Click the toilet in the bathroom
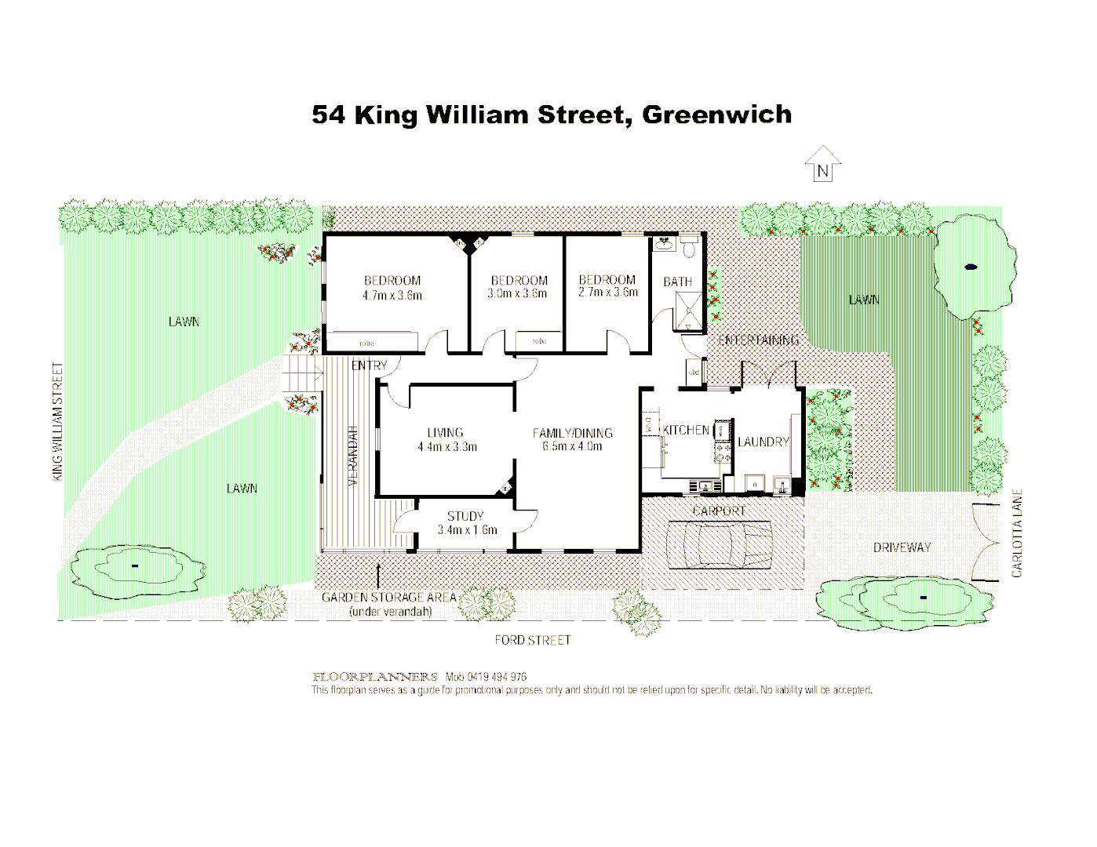click(x=690, y=249)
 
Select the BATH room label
click(x=677, y=282)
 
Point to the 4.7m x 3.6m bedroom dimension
click(x=392, y=296)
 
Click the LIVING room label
click(x=445, y=432)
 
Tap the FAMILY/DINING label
click(x=572, y=433)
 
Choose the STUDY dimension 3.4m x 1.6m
click(x=467, y=530)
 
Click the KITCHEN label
click(x=686, y=430)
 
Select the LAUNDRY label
click(x=763, y=442)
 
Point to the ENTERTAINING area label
click(x=758, y=340)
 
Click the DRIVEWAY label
click(x=902, y=547)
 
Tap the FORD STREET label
click(x=532, y=640)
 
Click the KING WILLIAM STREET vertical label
click(x=57, y=421)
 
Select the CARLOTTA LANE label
click(x=1017, y=533)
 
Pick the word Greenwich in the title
click(x=716, y=115)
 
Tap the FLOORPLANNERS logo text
click(x=375, y=677)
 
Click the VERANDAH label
click(x=353, y=455)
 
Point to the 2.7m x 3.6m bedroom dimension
click(x=608, y=293)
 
